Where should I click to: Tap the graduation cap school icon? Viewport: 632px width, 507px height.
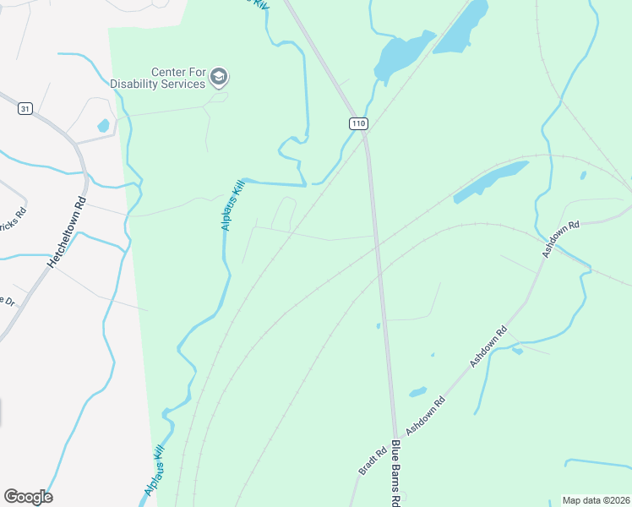click(220, 78)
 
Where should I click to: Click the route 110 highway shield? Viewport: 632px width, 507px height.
click(358, 123)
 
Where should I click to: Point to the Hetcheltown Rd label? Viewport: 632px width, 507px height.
click(67, 232)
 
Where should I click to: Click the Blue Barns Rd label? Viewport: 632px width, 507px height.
click(395, 473)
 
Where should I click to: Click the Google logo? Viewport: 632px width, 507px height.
click(28, 496)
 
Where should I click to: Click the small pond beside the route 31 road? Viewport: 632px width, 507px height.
click(104, 126)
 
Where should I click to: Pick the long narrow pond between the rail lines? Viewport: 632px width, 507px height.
click(489, 183)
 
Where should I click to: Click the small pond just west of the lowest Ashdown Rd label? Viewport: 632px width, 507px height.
click(417, 392)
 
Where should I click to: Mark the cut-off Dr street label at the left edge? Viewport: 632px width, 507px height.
click(7, 301)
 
